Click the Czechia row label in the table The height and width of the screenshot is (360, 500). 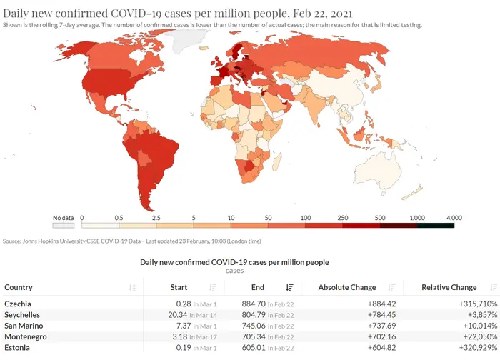(x=18, y=304)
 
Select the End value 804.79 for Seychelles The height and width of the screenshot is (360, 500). (x=254, y=315)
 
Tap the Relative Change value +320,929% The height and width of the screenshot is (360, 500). (x=478, y=348)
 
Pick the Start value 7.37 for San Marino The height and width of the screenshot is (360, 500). (x=184, y=326)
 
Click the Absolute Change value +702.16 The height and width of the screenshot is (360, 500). (x=381, y=336)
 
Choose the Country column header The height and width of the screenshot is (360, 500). (x=19, y=287)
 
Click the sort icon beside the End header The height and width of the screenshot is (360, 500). (x=289, y=287)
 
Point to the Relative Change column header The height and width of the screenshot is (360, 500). (x=449, y=287)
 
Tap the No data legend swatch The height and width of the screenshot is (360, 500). (x=64, y=226)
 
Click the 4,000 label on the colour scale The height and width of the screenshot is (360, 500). (x=454, y=218)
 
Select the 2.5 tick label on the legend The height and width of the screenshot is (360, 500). (x=156, y=218)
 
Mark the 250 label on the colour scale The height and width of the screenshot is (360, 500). (x=342, y=218)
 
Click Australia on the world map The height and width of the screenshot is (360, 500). (x=378, y=172)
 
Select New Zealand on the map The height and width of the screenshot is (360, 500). (x=414, y=192)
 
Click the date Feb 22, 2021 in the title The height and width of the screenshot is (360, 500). (x=322, y=14)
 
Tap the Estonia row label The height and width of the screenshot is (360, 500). (x=17, y=348)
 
